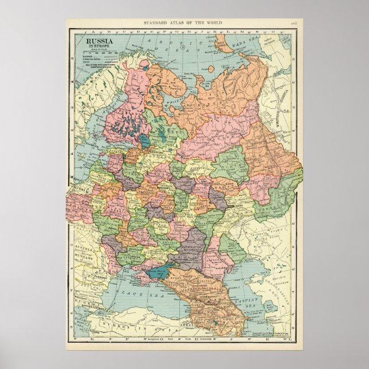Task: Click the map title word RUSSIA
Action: pyautogui.click(x=99, y=41)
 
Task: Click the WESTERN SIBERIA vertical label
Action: pyautogui.click(x=281, y=115)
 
